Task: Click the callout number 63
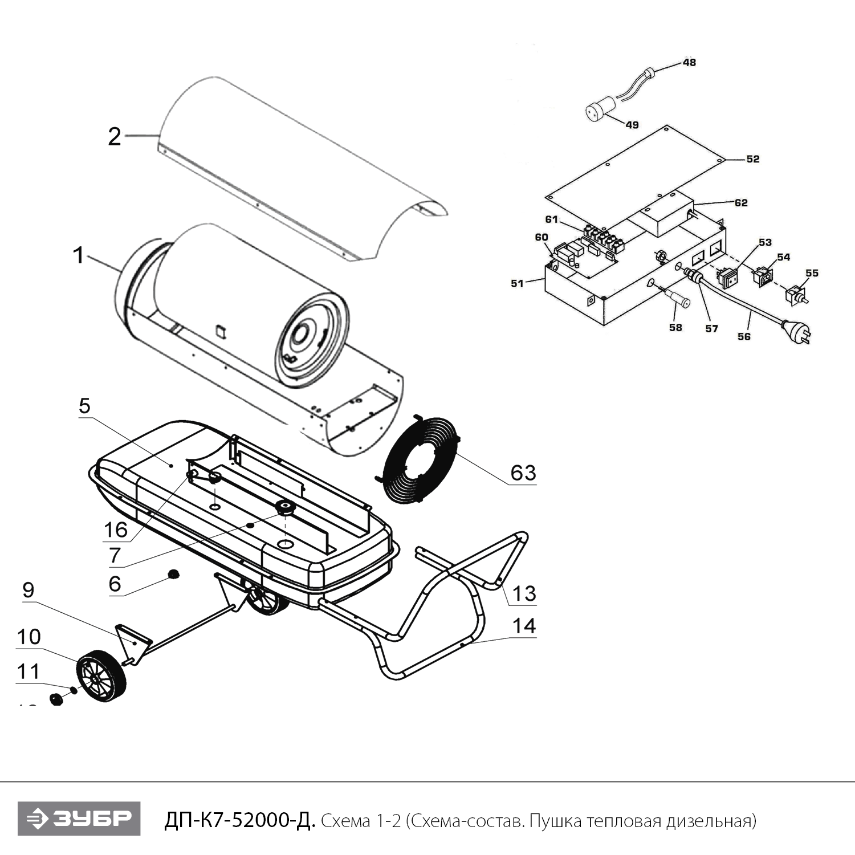click(523, 473)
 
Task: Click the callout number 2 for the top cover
click(115, 137)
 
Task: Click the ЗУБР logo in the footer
click(79, 819)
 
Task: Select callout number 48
click(689, 62)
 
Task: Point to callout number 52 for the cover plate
click(752, 159)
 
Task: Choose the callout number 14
click(524, 626)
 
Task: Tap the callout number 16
click(116, 530)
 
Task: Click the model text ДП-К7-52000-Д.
click(239, 821)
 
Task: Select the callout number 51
click(517, 283)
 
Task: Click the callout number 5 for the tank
click(84, 406)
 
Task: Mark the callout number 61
click(551, 219)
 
